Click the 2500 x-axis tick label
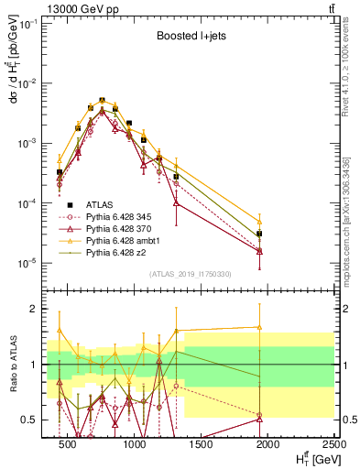point(332,445)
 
